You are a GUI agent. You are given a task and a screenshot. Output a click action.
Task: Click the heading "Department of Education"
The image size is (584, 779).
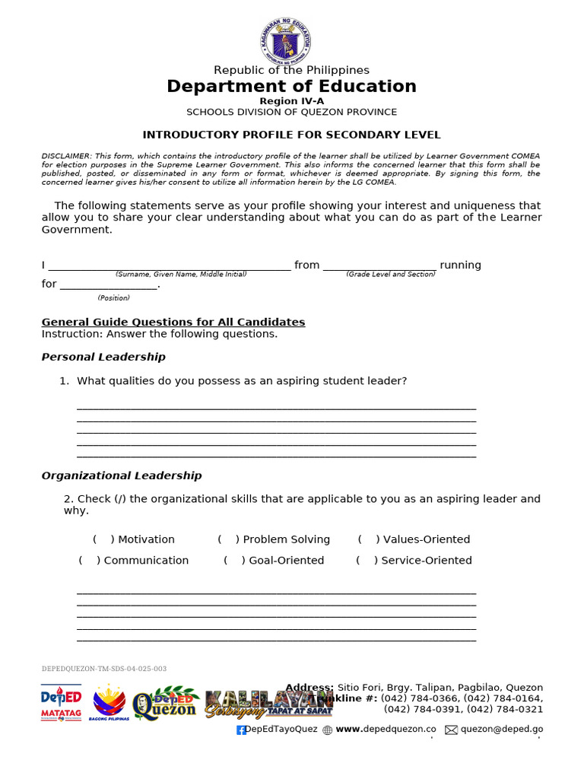(x=291, y=87)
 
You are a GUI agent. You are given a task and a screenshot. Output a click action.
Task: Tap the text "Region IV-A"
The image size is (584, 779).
(x=291, y=101)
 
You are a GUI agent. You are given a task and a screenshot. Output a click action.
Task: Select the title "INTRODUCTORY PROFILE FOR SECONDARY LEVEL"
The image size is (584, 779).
(x=291, y=135)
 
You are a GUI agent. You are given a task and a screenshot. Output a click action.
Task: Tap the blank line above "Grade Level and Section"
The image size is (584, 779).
(x=379, y=265)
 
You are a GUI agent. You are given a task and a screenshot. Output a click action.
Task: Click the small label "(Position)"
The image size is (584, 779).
(x=113, y=298)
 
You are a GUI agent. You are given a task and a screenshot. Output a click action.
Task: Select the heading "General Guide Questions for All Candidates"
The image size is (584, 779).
(x=173, y=322)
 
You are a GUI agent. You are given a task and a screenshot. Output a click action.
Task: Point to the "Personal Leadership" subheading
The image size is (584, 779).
(x=103, y=357)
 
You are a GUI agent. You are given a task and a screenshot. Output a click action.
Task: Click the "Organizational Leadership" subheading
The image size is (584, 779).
(x=121, y=475)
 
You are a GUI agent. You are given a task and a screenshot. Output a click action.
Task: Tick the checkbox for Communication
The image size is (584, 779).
(x=90, y=561)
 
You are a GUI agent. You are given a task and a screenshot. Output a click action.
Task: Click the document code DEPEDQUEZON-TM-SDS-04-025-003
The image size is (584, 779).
(x=103, y=669)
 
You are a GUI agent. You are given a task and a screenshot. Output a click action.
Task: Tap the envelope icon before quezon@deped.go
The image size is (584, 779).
(x=451, y=730)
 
